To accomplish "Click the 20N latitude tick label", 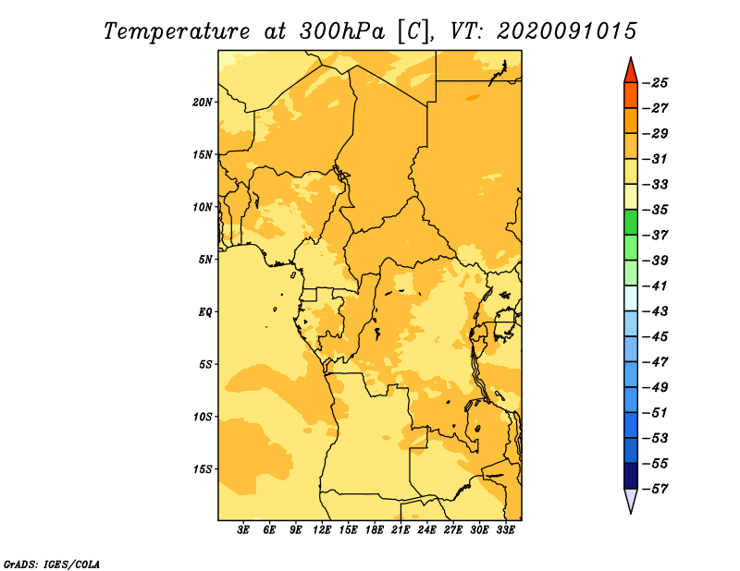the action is point(203,103).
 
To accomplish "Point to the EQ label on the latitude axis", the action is point(205,312).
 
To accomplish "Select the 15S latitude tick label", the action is point(203,469).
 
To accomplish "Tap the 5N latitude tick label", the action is point(205,260).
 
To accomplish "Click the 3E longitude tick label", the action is point(243,530).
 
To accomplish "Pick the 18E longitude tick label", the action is point(375,530).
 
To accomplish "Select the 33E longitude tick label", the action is point(505,530).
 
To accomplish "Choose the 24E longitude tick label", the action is point(426,530).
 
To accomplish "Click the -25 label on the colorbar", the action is point(656,83).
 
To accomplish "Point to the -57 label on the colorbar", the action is point(656,489).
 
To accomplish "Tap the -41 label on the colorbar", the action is point(656,286).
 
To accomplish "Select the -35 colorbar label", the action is point(656,210).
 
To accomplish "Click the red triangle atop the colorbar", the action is point(631,72).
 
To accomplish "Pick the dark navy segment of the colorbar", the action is point(631,476).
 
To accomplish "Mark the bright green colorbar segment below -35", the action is point(631,222).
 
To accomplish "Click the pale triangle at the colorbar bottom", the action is point(631,499).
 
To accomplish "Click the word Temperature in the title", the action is point(176,31).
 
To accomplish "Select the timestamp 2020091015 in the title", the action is point(567,31).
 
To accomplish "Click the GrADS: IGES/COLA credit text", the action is point(52,565).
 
